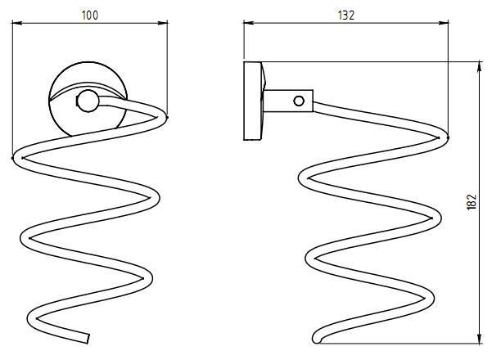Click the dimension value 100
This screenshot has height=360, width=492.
pos(90,16)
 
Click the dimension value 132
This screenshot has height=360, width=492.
pos(346,16)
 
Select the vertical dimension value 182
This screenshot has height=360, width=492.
pos(472,202)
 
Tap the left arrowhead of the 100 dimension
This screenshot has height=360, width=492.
pos(17,23)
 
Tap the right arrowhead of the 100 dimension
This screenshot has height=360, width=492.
pos(163,23)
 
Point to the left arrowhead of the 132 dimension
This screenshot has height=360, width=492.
pos(249,23)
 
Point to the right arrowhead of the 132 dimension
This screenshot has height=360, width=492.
pos(444,23)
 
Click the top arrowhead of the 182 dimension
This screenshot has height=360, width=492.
pos(480,67)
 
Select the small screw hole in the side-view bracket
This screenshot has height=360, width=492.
pos(299,101)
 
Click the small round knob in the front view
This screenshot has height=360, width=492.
pos(88,101)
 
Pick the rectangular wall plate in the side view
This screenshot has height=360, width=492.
pos(253,101)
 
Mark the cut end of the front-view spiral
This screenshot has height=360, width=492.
pos(88,339)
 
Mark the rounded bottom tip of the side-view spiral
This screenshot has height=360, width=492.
pos(317,339)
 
